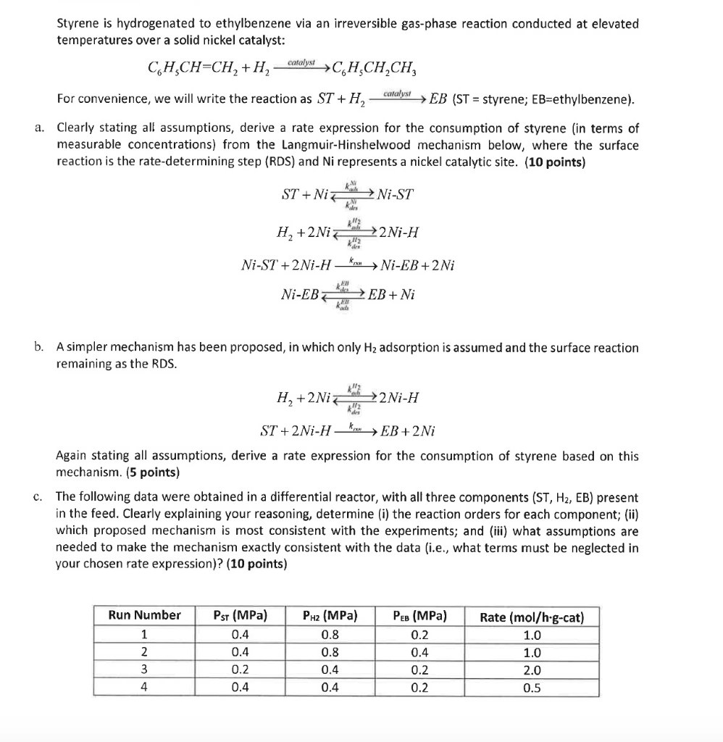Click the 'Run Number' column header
(x=144, y=615)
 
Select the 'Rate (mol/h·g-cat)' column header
(x=532, y=617)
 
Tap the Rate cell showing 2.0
(x=532, y=670)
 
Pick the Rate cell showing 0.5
(x=532, y=688)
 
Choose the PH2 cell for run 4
(x=329, y=688)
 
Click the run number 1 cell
(x=144, y=635)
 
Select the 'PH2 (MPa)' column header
(x=330, y=616)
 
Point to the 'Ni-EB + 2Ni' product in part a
(x=417, y=265)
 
